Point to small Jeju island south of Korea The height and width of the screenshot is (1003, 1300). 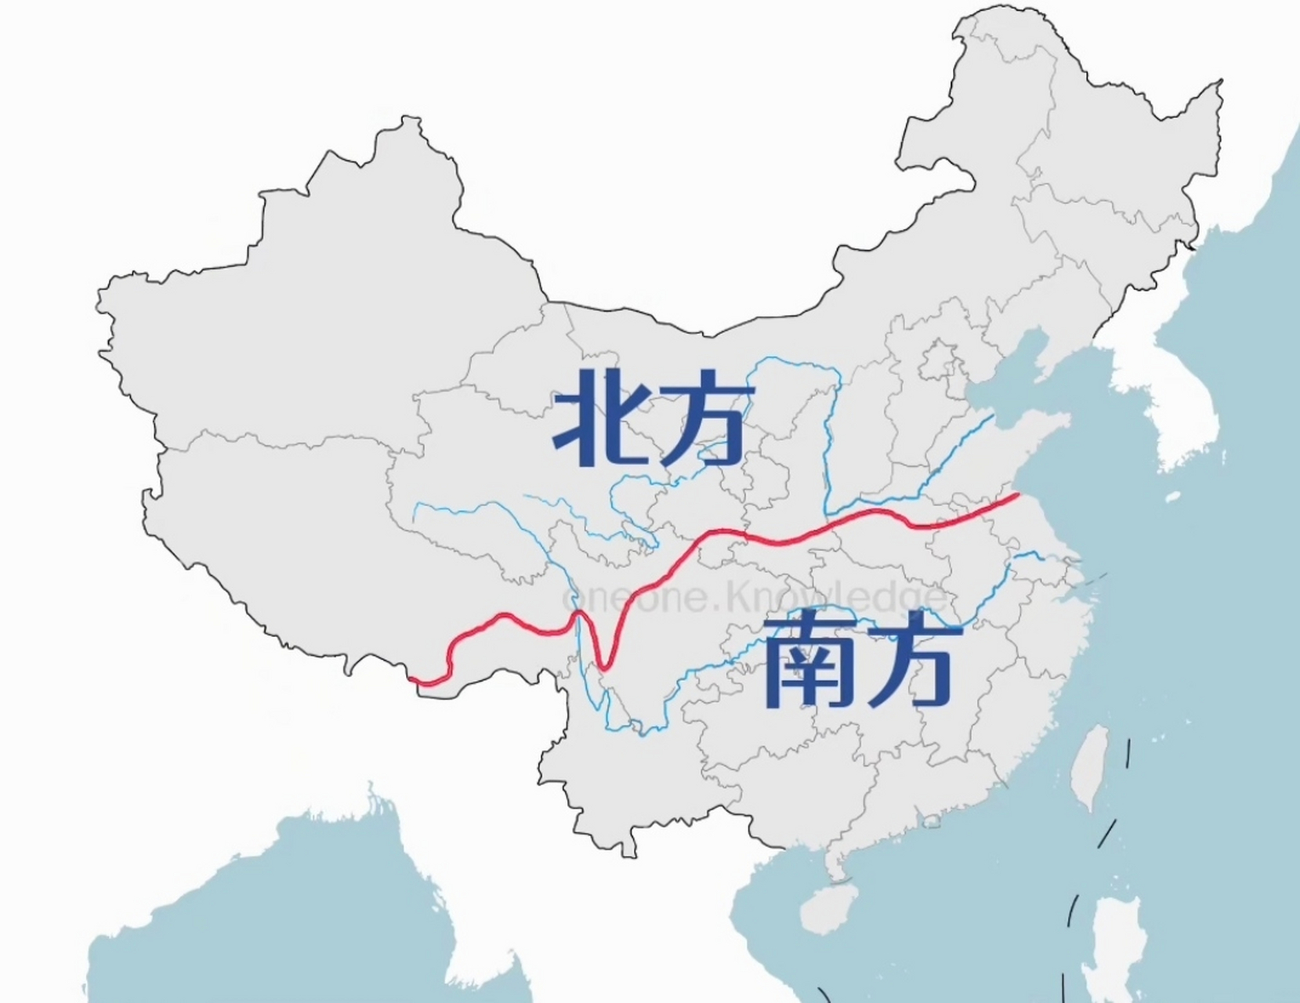pos(1172,497)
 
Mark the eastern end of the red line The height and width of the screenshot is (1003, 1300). pos(1018,495)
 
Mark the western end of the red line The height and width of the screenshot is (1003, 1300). pos(411,679)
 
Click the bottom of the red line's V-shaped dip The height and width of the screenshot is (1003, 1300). pos(603,668)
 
